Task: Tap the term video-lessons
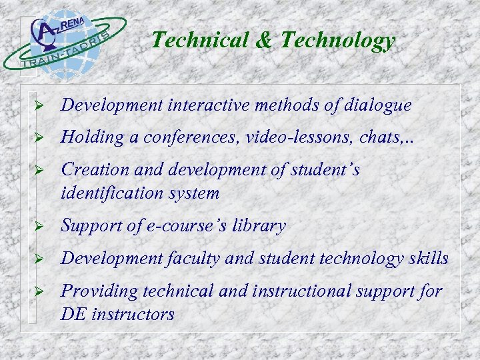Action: (283, 138)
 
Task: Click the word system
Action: (194, 193)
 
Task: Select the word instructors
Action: (132, 314)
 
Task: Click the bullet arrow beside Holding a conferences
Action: (39, 138)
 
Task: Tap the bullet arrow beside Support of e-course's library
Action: (39, 227)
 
